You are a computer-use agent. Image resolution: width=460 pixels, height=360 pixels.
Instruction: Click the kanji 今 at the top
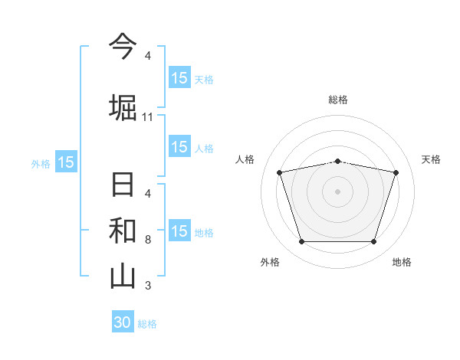(x=123, y=47)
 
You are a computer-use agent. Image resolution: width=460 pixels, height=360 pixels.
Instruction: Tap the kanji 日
(x=123, y=186)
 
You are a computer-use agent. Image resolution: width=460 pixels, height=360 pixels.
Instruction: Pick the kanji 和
(x=123, y=231)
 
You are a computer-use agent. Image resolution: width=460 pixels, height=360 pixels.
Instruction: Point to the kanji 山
(x=123, y=276)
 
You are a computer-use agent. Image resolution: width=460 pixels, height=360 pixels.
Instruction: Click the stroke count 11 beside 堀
(x=148, y=117)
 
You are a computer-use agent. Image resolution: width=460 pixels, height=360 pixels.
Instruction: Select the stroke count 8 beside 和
(x=148, y=240)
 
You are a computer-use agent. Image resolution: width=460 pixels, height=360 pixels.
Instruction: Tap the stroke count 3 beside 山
(x=148, y=286)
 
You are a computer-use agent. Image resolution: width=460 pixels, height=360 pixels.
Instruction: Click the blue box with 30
(x=123, y=322)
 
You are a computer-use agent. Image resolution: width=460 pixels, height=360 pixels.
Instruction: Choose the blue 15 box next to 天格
(x=179, y=77)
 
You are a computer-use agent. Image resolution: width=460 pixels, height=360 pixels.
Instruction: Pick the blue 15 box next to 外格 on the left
(x=66, y=162)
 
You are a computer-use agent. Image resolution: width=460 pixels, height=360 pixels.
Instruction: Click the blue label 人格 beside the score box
(x=204, y=149)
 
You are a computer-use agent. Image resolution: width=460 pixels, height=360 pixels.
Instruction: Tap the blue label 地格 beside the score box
(x=204, y=233)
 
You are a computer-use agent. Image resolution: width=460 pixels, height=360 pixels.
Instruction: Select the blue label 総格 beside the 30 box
(x=147, y=324)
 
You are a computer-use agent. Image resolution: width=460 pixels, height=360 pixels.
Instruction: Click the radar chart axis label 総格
(x=337, y=100)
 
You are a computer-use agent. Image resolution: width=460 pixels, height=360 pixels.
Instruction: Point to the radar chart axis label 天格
(x=432, y=159)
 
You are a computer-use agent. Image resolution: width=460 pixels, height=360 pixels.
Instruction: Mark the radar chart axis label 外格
(x=270, y=262)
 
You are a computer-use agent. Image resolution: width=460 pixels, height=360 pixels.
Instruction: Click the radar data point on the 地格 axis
(x=373, y=242)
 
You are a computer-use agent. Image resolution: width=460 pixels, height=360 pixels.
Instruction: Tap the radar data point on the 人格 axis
(x=280, y=172)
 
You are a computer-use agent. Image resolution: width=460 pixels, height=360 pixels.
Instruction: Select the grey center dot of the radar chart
(x=337, y=191)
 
